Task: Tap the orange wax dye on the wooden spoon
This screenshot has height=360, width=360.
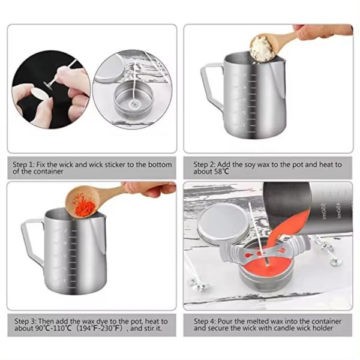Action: pos(83,205)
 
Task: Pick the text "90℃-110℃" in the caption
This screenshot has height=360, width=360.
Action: pos(47,330)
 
